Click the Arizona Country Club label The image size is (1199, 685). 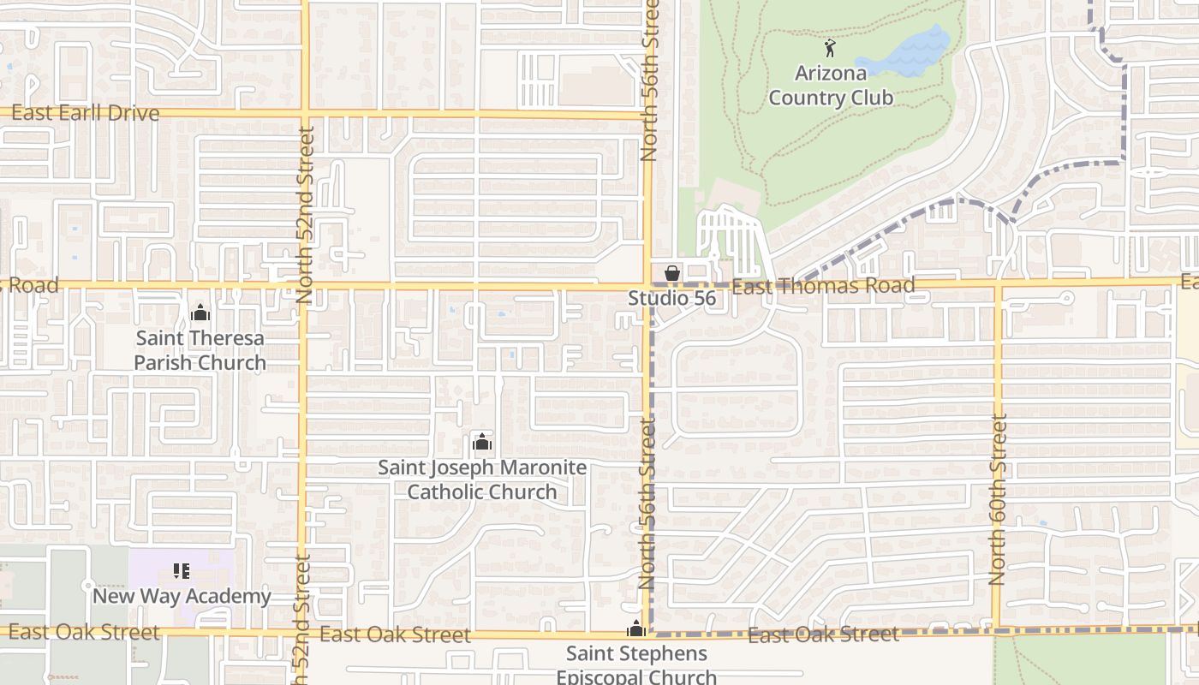coord(830,86)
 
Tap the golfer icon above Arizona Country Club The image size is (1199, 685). coord(829,48)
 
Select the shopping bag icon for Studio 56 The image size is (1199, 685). coord(672,272)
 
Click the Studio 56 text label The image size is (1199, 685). coord(671,299)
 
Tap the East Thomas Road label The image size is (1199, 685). coord(823,286)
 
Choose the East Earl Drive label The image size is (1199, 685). coord(85,113)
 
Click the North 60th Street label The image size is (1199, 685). coord(998,500)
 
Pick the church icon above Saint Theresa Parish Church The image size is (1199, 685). coord(200,313)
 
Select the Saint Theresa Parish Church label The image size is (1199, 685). coord(200,350)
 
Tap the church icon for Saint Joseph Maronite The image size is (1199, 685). coord(482,442)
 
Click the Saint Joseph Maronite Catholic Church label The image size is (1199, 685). coord(482,479)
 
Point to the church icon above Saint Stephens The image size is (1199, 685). coord(635,629)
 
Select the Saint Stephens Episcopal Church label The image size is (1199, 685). coord(636,665)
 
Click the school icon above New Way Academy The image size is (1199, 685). coord(182,570)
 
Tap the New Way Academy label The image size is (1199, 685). coord(182,596)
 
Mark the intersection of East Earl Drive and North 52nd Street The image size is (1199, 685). coord(305,112)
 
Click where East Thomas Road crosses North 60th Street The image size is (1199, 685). coord(998,283)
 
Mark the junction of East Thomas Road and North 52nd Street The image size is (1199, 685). coord(304,284)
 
